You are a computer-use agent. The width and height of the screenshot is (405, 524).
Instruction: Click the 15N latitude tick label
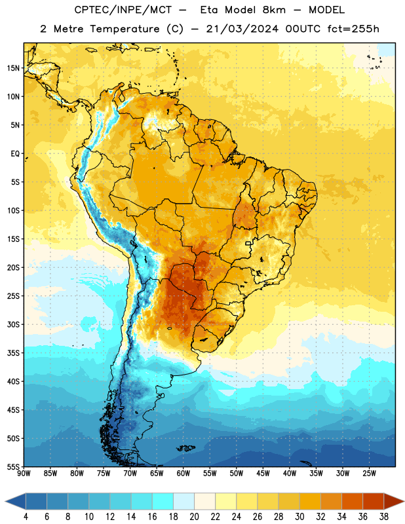point(13,68)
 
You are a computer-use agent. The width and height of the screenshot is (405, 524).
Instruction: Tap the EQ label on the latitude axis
point(15,154)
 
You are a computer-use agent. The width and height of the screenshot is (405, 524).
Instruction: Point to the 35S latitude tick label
point(13,353)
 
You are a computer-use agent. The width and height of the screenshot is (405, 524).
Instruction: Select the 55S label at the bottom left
point(13,467)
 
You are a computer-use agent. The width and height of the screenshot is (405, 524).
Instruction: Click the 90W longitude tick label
point(24,474)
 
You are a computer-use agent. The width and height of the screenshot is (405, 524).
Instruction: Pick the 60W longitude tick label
point(183,474)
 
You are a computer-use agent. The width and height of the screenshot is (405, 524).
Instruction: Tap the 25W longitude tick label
point(369,474)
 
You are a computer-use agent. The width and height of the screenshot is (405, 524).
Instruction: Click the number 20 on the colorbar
point(194,517)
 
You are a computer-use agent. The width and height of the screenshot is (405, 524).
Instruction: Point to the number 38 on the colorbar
point(384,517)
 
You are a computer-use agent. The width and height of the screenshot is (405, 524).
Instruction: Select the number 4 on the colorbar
point(26,517)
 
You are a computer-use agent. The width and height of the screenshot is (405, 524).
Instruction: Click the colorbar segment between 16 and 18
point(163,501)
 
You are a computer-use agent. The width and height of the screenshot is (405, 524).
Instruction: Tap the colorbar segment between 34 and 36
point(353,501)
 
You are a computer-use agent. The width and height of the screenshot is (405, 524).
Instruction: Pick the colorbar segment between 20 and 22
point(205,501)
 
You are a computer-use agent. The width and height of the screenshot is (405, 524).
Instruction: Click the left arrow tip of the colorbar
point(5,501)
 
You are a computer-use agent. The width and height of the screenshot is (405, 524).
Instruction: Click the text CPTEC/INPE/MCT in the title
point(123,10)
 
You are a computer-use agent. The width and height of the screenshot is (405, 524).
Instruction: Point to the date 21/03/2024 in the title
point(242,29)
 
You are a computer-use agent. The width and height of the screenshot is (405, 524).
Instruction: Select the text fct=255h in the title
point(353,29)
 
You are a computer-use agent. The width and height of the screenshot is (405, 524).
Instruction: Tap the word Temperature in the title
point(125,29)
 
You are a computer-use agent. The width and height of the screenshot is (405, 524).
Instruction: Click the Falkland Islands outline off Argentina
point(186,448)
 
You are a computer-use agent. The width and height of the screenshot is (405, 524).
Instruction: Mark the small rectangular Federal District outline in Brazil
point(248,244)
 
